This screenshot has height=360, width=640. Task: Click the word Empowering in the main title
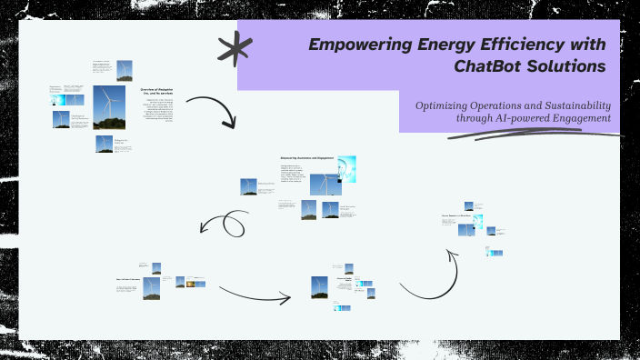[x=354, y=45]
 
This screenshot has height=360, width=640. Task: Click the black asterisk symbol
[x=234, y=49]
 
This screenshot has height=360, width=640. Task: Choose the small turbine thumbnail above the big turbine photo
[x=124, y=70]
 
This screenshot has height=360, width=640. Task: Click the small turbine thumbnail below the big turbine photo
[x=105, y=144]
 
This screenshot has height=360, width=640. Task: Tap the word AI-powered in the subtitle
[x=515, y=118]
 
